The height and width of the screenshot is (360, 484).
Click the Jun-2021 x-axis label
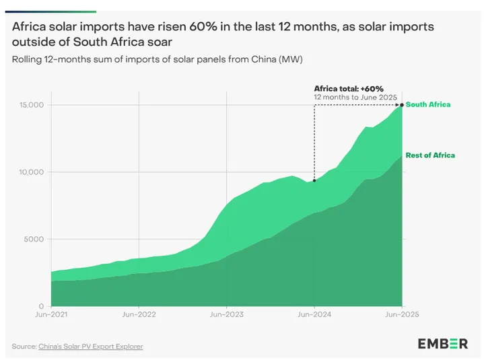pos(50,314)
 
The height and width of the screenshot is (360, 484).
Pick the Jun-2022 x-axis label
pos(138,314)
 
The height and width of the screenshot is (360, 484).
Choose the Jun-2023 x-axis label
pos(226,314)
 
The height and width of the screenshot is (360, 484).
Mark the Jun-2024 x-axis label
pos(314,314)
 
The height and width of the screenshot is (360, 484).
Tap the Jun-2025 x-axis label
pos(401,314)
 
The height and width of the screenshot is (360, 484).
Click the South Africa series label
pos(428,105)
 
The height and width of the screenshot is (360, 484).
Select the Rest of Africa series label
pos(429,155)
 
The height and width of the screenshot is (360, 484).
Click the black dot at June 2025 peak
pos(402,105)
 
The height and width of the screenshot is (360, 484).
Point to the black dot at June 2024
pos(314,180)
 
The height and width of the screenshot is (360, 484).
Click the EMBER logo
pos(442,344)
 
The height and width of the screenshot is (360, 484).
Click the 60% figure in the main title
pos(189,26)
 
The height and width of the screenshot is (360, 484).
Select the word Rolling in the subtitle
pos(27,59)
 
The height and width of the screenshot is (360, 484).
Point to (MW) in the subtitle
pos(290,59)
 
